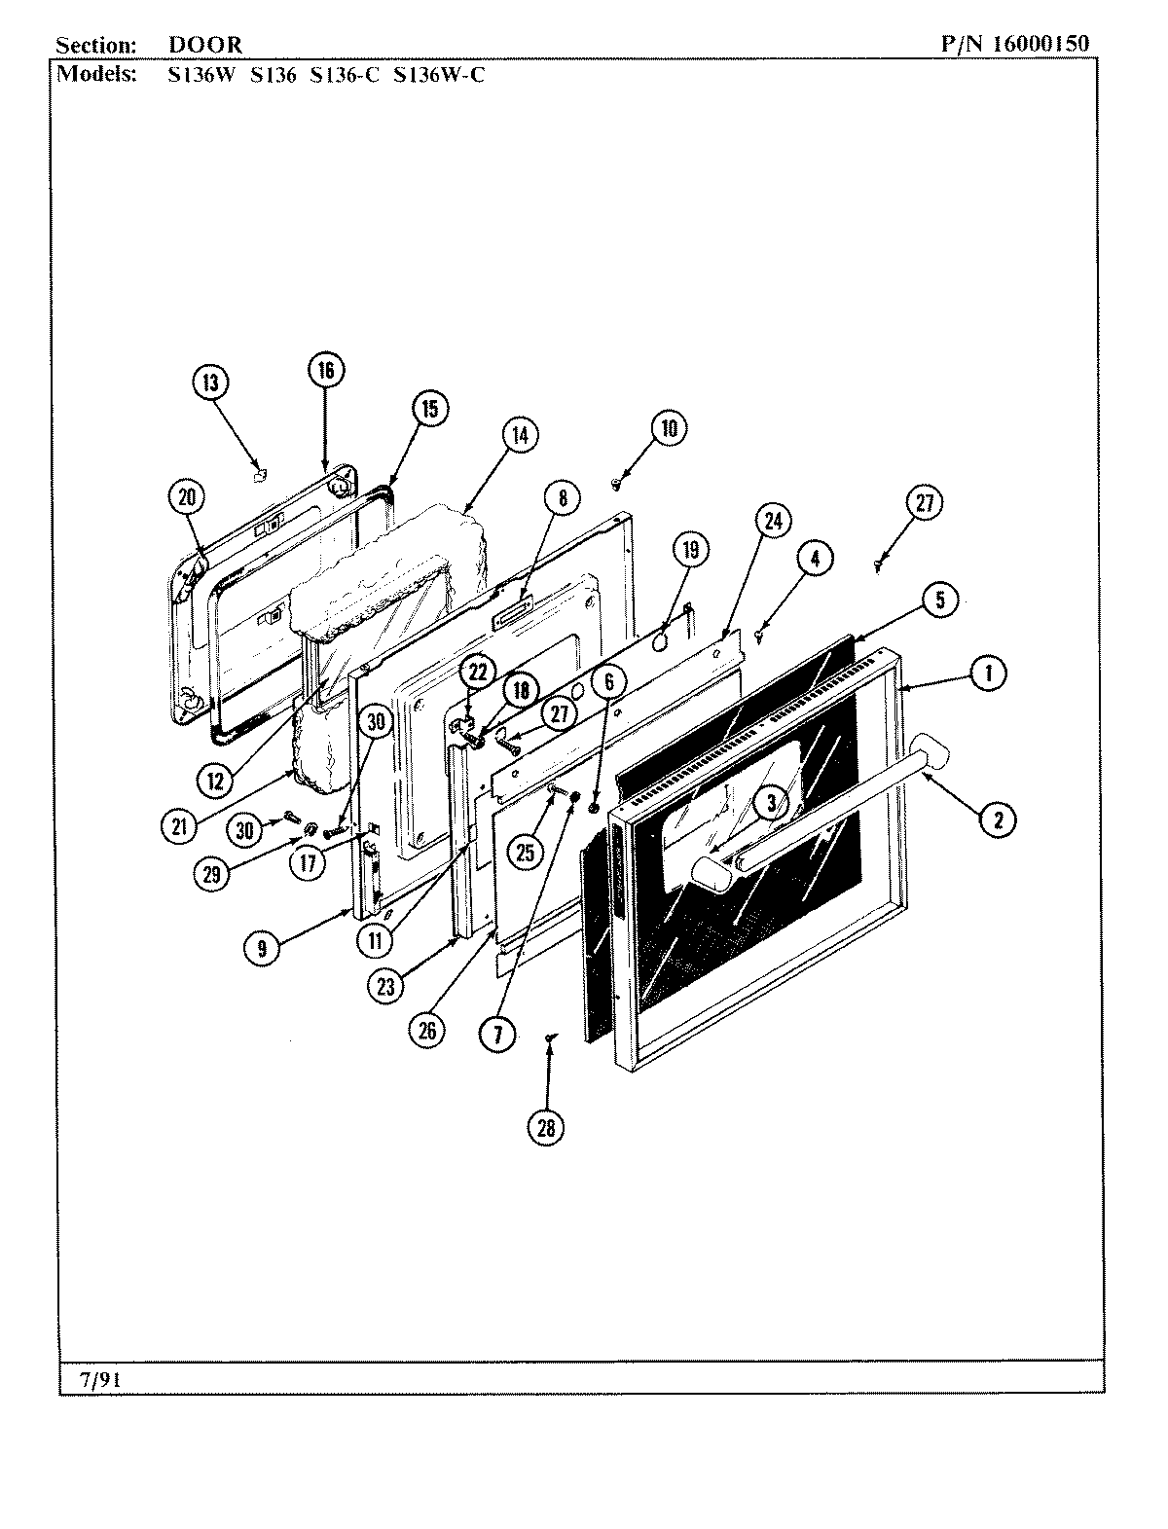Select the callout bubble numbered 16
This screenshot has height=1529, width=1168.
325,369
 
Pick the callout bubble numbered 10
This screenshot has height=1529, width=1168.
669,428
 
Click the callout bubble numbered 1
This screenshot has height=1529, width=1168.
988,672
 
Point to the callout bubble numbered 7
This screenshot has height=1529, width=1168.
497,1033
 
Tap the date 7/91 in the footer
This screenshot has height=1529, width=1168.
94,1379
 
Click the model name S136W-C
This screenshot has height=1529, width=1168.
438,75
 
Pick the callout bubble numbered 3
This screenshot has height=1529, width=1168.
770,803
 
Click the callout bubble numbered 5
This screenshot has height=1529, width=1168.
939,600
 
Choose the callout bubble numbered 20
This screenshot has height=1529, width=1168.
186,497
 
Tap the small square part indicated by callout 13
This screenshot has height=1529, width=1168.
259,475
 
